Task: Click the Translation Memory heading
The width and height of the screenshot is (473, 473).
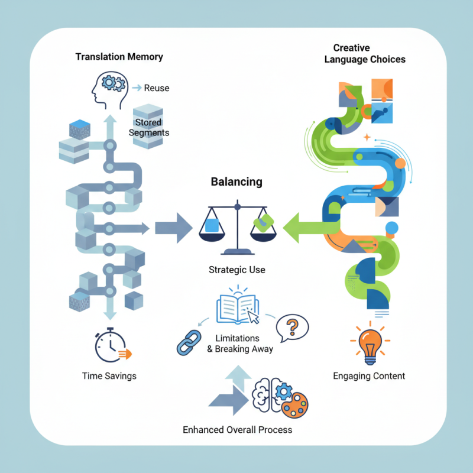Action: [x=119, y=57]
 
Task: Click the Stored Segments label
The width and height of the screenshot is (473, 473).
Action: [x=148, y=127]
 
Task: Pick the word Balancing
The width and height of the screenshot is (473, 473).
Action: [x=237, y=182]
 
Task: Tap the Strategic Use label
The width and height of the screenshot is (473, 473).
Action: [x=237, y=270]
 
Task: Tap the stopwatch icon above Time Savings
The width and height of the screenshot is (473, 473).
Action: [x=112, y=345]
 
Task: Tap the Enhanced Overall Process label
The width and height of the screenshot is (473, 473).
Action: [x=237, y=429]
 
